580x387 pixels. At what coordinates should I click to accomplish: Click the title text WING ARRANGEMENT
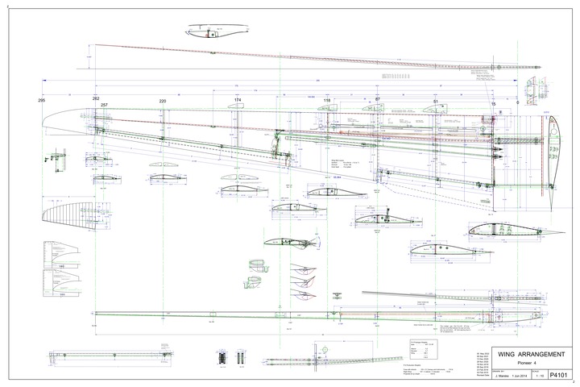pos(524,354)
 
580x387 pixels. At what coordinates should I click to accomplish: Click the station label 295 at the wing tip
pos(42,101)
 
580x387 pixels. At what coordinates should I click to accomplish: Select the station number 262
pos(96,98)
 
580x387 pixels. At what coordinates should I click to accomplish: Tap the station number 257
pos(104,106)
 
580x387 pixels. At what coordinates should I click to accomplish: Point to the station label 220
pos(163,101)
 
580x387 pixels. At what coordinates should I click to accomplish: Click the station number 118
pos(327,100)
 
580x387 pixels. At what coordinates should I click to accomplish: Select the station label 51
pos(435,101)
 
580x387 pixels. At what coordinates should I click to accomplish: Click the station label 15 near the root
pos(493,104)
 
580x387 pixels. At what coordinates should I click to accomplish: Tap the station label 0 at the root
pos(517,104)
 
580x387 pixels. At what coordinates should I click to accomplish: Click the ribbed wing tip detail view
pos(60,213)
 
